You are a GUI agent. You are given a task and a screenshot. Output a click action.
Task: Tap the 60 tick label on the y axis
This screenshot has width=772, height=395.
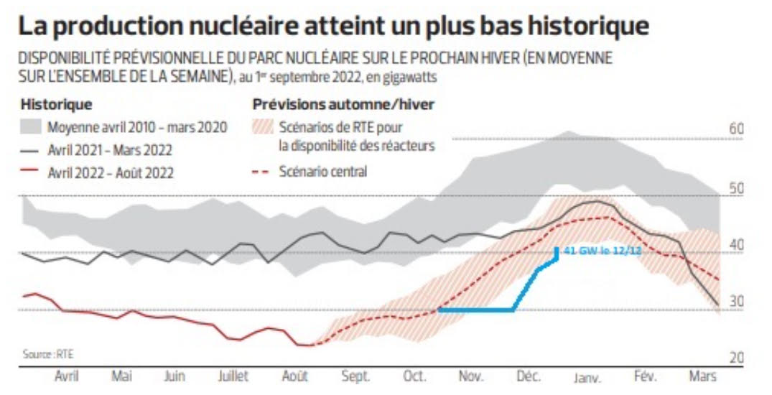click(735, 130)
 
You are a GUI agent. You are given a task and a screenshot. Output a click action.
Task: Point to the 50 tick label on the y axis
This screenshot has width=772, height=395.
click(735, 188)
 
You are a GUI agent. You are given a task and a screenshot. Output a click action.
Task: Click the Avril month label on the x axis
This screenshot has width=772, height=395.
click(67, 376)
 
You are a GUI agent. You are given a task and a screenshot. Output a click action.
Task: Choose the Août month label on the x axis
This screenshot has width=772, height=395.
click(294, 376)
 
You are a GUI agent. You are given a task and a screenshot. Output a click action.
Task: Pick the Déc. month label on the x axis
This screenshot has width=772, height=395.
click(528, 376)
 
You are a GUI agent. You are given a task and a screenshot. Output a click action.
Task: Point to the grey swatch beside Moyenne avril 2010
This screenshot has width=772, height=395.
click(31, 128)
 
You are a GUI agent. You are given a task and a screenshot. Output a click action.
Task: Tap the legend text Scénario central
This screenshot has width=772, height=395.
click(323, 172)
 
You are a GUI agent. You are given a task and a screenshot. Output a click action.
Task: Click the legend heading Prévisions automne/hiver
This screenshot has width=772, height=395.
click(343, 105)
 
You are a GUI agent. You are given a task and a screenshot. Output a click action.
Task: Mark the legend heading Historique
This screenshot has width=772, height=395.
click(56, 105)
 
